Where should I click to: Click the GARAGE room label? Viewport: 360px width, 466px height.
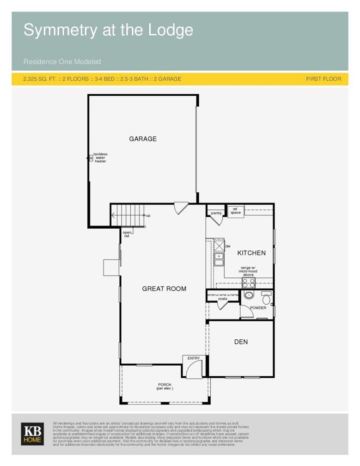tap(143, 139)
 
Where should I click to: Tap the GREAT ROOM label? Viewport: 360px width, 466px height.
tap(164, 289)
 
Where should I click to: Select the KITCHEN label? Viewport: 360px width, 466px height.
tap(251, 253)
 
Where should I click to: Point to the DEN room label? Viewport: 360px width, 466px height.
tap(241, 342)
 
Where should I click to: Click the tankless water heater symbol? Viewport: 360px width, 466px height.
tap(91, 158)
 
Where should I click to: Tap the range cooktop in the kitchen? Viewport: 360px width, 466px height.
tap(248, 283)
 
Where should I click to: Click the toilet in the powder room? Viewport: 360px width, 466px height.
tap(266, 298)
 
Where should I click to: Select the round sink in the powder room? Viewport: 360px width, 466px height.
tap(249, 295)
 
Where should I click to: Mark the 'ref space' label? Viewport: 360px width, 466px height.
tap(236, 211)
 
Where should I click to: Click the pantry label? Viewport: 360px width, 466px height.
tap(216, 213)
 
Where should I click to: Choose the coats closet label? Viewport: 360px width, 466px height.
tap(223, 299)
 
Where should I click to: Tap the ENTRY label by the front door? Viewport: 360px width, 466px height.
tap(194, 358)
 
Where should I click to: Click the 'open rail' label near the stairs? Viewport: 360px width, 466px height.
tap(126, 234)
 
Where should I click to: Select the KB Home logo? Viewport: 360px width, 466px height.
tap(32, 434)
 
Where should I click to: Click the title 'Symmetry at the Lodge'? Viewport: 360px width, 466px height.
tap(108, 31)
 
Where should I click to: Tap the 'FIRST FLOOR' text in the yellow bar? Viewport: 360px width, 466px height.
tap(323, 79)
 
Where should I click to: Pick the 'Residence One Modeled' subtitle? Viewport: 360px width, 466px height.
tap(62, 61)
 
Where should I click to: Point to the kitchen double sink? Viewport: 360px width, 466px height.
tap(219, 259)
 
